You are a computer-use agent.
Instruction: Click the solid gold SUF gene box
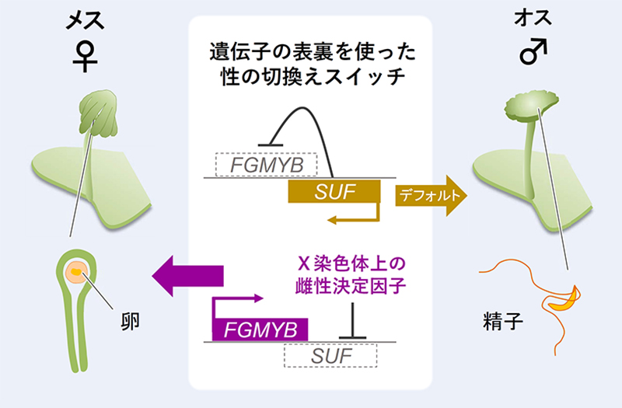(334, 191)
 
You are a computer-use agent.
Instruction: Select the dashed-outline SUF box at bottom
(331, 355)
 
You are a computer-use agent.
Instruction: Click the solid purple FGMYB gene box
(260, 329)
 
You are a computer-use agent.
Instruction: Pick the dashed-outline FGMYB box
(264, 165)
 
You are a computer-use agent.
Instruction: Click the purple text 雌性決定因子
(353, 285)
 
